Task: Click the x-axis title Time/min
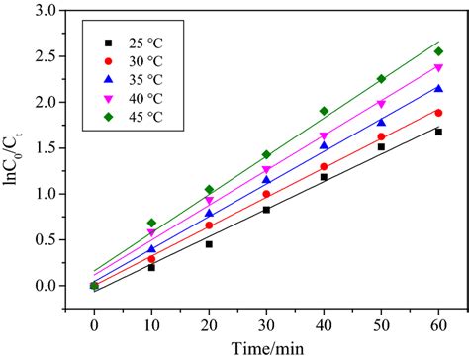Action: [266, 347]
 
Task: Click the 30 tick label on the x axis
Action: [266, 323]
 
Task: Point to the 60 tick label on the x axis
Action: [438, 323]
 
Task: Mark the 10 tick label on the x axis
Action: [151, 323]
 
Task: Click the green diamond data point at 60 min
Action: [438, 51]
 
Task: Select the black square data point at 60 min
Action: [438, 132]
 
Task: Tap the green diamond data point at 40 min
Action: [324, 111]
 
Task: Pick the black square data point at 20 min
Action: [209, 244]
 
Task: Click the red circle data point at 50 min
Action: [381, 136]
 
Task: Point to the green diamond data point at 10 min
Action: [151, 223]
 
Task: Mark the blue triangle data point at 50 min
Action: [381, 123]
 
